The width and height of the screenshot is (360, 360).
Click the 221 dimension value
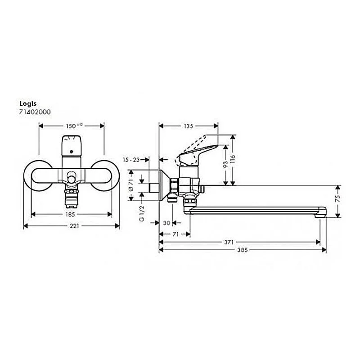pos(72,226)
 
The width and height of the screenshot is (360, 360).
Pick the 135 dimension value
pos(189,126)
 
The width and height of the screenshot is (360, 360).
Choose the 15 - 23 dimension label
pos(131,160)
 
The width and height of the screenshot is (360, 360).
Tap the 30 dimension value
pos(166,222)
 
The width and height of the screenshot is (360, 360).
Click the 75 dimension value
pos(337,198)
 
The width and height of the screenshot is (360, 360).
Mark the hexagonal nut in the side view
pos(174,185)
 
